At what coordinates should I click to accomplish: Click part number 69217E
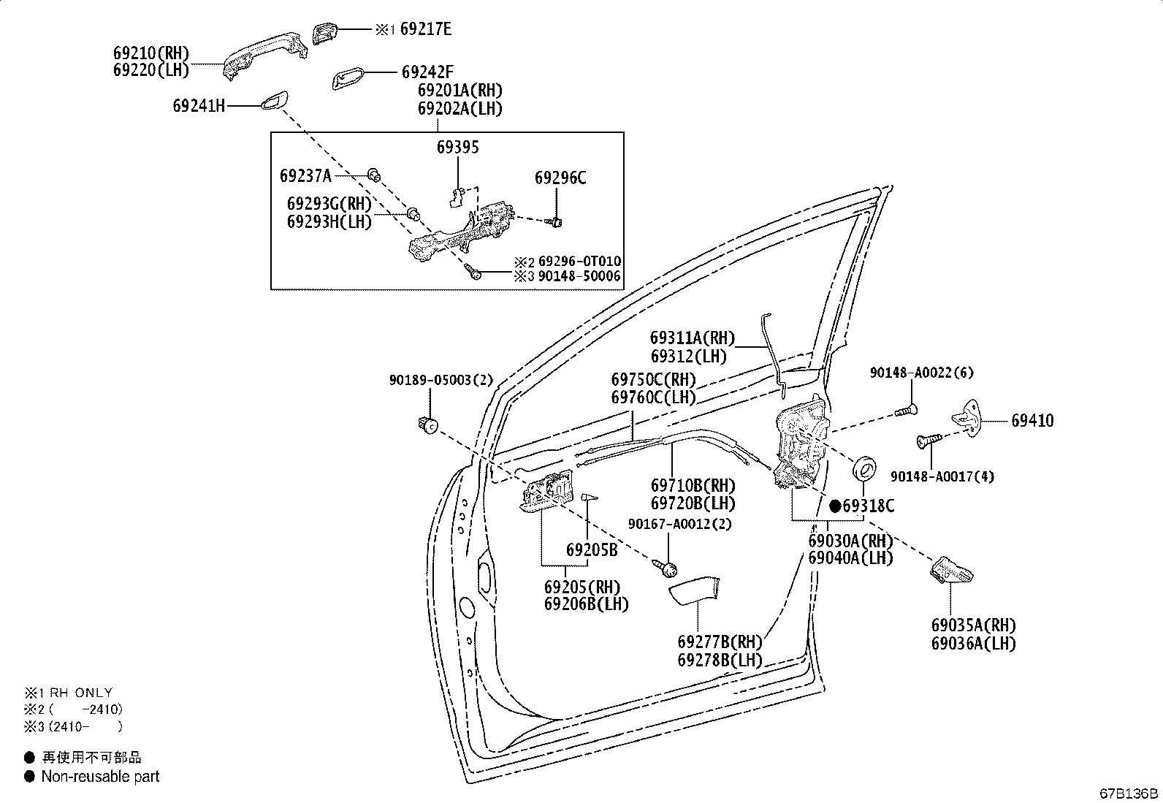tap(426, 29)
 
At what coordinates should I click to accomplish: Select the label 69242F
tap(427, 72)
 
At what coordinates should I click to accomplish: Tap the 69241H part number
tap(199, 105)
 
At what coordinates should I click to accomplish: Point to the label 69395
tap(458, 148)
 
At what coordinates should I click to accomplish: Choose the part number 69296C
tap(560, 178)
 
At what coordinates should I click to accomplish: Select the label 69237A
tap(305, 175)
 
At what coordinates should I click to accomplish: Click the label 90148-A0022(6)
tap(921, 373)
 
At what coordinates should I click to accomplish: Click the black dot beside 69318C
tap(835, 506)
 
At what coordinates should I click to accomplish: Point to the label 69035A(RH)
tap(973, 625)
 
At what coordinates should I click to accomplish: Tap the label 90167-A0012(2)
tap(679, 524)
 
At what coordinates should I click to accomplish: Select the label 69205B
tap(592, 550)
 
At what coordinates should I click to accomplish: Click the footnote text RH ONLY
tap(81, 692)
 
